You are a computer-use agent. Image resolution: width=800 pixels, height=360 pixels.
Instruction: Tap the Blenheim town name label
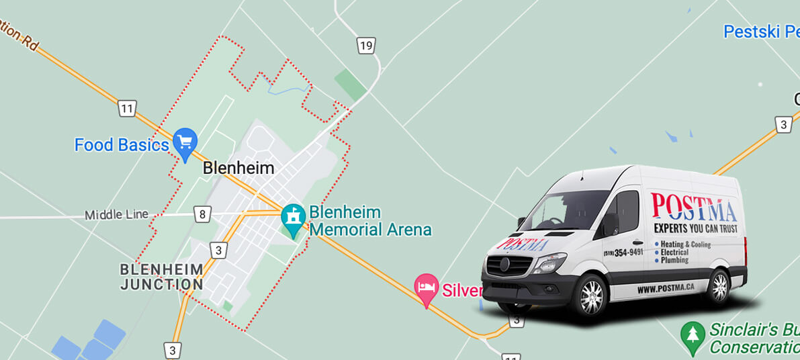[238, 168]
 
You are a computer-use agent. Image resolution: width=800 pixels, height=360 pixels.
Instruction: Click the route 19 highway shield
[365, 46]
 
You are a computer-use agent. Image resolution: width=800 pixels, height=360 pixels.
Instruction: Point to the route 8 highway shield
[202, 215]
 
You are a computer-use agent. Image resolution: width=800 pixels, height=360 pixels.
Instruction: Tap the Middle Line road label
[116, 215]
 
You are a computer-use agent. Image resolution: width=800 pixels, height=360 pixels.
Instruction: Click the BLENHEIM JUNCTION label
[161, 277]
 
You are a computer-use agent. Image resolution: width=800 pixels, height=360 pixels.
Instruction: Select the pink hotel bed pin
[426, 288]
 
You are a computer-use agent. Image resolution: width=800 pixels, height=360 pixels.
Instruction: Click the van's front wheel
[592, 296]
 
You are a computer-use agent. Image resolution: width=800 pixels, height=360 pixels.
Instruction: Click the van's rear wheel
[718, 286]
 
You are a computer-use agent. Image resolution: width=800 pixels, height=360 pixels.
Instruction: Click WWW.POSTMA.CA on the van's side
[665, 289]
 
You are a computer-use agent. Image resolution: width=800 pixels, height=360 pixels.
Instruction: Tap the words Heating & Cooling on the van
[685, 244]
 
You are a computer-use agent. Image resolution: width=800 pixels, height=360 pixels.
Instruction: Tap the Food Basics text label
[122, 145]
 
